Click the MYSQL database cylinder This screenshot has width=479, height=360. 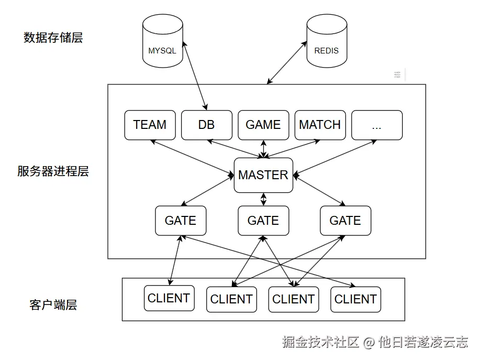coord(162,41)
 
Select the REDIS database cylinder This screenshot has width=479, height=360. coord(326,41)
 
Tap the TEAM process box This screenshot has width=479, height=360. coord(150,125)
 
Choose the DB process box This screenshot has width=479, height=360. coord(206,125)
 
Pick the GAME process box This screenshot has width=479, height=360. coord(263,125)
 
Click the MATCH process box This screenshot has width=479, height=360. coord(320,125)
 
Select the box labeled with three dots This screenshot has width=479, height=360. coord(376,125)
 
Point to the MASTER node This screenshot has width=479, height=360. coord(263,175)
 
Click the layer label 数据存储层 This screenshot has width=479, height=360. coord(53,38)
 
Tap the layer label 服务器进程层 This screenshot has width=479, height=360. coord(53,171)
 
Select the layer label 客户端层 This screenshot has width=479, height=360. coord(53,305)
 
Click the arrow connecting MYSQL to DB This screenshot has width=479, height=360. coord(193,74)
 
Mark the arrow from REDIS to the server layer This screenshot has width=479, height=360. coord(287,63)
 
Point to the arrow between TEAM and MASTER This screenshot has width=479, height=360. coord(192,156)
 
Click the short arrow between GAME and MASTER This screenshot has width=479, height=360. coord(263,149)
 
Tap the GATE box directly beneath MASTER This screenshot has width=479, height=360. coord(263,221)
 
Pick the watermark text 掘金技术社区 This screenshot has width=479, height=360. coord(320,343)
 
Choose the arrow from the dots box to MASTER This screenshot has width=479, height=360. coord(335,156)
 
